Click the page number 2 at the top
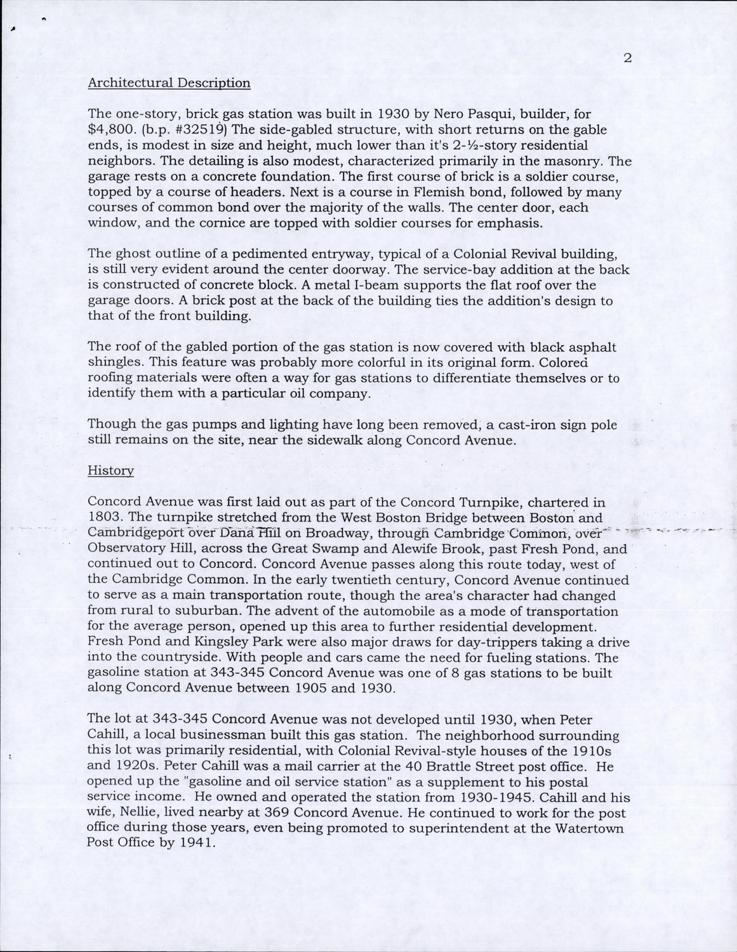627,58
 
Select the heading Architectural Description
169,83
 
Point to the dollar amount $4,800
109,130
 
